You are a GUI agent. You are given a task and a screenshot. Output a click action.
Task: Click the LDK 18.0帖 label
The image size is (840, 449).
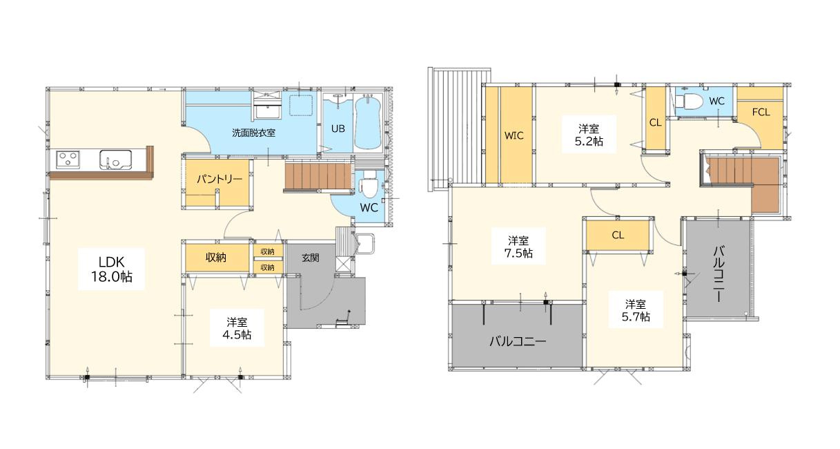pos(111,269)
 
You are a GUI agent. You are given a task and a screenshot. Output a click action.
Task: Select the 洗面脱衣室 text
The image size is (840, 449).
pos(254,133)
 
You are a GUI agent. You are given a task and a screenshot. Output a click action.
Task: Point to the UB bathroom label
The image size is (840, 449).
pos(338,128)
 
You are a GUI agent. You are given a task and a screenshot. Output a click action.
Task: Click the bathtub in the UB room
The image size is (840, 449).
pos(368,122)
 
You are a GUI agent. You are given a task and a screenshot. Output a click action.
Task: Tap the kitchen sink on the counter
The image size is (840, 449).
pos(115,159)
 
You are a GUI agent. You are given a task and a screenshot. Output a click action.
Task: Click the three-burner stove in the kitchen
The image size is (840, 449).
pos(68,159)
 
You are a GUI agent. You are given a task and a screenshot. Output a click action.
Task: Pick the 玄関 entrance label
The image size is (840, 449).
pos(311,258)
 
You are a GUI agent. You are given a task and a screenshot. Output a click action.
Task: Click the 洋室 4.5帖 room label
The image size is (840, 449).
pos(237,328)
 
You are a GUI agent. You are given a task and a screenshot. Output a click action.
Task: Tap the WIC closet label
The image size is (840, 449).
pos(514,135)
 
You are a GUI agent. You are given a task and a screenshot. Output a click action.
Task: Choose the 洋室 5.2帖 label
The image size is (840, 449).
pos(589,135)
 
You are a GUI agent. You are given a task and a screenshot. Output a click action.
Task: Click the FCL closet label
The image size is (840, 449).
pos(761,112)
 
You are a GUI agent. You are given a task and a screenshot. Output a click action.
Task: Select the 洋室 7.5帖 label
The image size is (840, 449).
pos(518,247)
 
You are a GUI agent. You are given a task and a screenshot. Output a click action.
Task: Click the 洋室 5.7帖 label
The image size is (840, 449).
pos(636,310)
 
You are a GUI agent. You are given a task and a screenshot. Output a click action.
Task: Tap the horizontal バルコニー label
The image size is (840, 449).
pos(518,341)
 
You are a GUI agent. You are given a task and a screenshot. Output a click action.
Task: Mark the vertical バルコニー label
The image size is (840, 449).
pos(719,274)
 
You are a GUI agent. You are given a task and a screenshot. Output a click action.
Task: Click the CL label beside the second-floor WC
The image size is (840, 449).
pos(656,122)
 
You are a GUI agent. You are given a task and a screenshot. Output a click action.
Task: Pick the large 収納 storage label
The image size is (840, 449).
pos(216,257)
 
